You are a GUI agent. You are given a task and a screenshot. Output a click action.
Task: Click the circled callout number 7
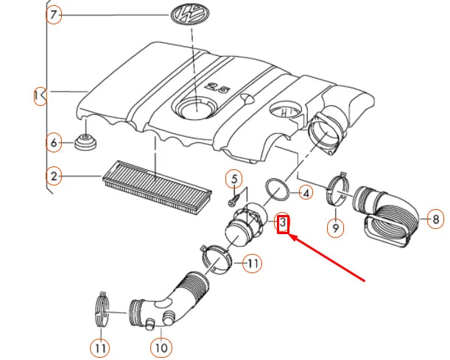(x=54, y=15)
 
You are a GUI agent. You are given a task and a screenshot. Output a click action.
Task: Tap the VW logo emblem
(x=190, y=14)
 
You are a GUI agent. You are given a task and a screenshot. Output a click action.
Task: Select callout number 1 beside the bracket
(x=39, y=96)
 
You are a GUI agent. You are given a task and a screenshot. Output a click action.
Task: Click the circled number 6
(x=54, y=143)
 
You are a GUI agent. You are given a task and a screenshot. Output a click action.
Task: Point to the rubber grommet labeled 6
(x=85, y=142)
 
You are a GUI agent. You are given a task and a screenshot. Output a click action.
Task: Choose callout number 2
(x=54, y=176)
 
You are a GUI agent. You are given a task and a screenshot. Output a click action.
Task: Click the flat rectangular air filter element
(x=157, y=187)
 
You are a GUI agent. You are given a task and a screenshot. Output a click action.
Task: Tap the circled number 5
(x=234, y=179)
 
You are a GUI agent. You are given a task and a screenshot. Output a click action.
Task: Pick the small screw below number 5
(x=234, y=200)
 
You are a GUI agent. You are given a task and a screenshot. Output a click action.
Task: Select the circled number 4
(x=306, y=193)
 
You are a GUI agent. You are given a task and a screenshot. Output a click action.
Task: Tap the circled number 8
(x=436, y=219)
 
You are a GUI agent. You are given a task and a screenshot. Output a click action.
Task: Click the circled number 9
(x=336, y=227)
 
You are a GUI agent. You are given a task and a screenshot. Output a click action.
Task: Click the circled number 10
(x=161, y=348)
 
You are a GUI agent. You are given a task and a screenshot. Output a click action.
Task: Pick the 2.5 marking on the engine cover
(x=218, y=88)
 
